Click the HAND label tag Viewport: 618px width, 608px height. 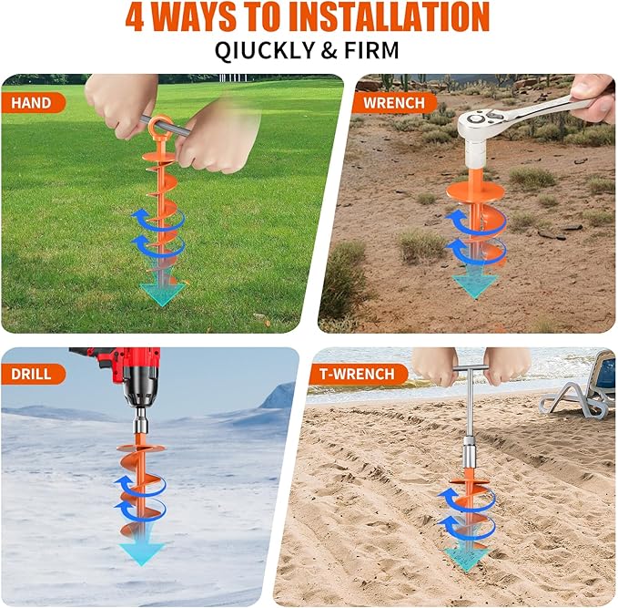click(33, 102)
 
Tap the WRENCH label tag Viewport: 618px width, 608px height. click(393, 102)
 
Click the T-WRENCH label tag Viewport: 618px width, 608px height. click(356, 374)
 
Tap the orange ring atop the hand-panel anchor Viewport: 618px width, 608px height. click(161, 127)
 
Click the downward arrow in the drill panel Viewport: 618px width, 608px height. click(143, 551)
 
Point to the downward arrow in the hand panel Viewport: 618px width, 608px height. click(162, 291)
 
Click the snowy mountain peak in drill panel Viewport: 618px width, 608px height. click(280, 396)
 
